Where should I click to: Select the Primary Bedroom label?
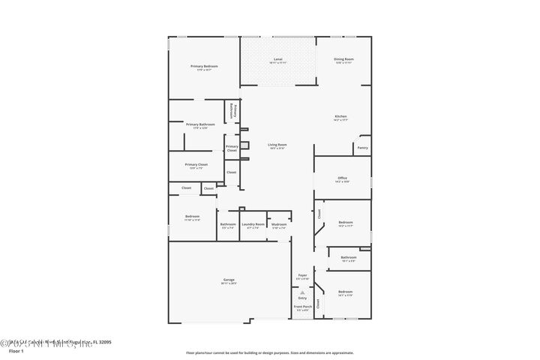(204, 67)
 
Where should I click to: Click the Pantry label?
(362, 148)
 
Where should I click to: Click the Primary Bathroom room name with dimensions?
(200, 125)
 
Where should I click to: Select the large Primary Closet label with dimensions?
(196, 165)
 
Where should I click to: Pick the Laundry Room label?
(253, 225)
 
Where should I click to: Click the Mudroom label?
(279, 225)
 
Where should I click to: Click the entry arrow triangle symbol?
(302, 292)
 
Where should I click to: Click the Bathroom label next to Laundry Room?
(228, 225)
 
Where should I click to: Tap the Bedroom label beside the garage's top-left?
(192, 217)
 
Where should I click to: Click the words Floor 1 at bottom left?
(16, 350)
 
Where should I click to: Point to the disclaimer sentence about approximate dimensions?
(269, 352)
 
